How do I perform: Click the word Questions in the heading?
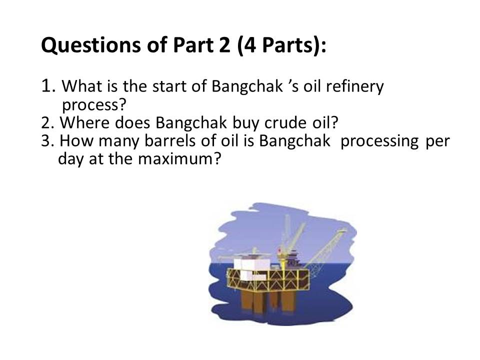point(91,44)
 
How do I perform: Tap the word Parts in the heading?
point(288,44)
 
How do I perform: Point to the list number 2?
point(48,123)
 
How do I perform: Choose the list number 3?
point(48,141)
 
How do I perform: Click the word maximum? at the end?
point(179,159)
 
